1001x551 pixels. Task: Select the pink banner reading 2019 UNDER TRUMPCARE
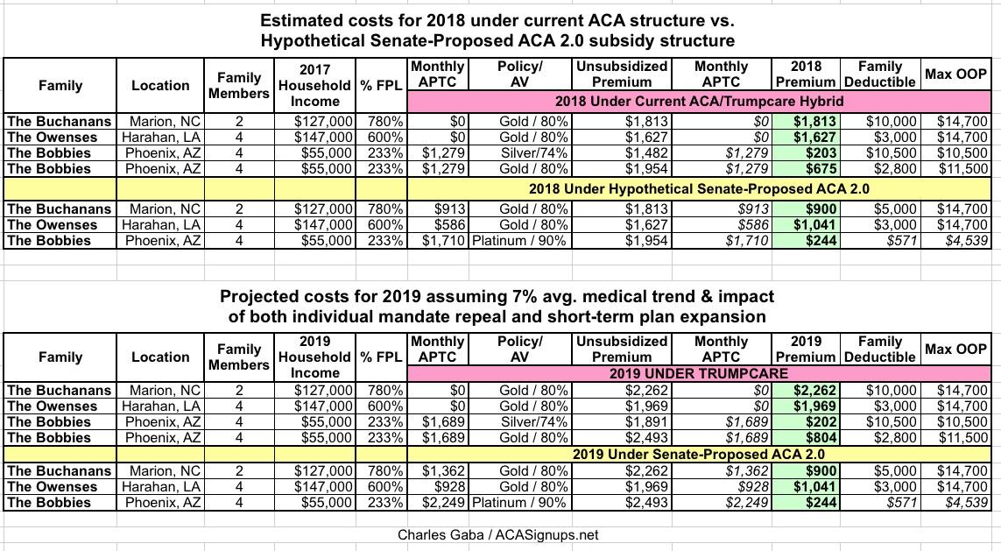pos(699,374)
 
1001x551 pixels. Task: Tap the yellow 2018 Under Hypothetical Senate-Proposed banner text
pos(699,187)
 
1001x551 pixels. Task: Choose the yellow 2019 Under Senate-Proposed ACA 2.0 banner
pos(699,455)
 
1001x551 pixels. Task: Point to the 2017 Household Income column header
pos(315,85)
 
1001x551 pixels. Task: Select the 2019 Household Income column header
pos(315,357)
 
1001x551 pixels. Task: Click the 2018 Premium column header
pos(806,74)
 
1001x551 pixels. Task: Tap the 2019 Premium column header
pos(806,349)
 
